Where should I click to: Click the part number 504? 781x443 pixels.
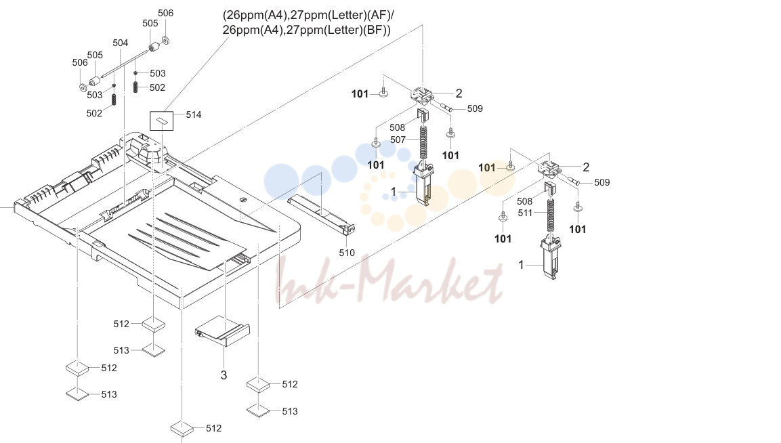coord(120,43)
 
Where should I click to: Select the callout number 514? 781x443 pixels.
coord(194,114)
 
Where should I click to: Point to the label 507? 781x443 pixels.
coord(398,140)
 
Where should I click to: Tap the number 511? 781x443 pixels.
coord(525,213)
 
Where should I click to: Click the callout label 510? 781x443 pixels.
coord(347,253)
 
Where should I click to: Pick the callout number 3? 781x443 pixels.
coord(224,375)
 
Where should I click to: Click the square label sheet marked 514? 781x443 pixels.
coord(162,121)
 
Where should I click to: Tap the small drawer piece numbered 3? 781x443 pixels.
coord(223,331)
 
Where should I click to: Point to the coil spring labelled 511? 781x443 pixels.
coord(551,216)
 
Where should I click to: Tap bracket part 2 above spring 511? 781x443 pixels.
coord(550,169)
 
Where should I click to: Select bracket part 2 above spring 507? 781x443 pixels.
coord(423,96)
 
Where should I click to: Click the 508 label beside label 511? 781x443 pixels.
coord(524,201)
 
